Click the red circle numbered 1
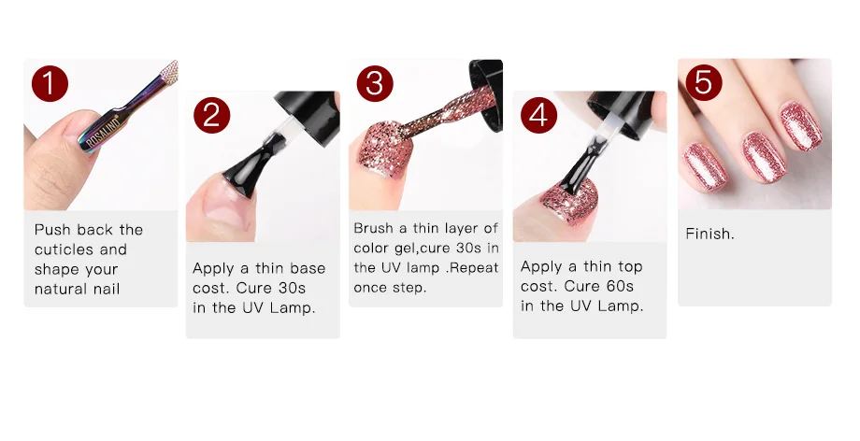click(50, 83)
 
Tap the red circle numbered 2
click(211, 115)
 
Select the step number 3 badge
click(375, 83)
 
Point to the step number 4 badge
click(538, 115)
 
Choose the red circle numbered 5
click(704, 82)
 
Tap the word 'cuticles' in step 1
click(65, 249)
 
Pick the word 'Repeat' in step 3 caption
click(474, 267)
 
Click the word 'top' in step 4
click(630, 267)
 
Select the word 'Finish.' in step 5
click(709, 235)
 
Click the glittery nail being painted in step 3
click(379, 149)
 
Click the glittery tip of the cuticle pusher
click(169, 72)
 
